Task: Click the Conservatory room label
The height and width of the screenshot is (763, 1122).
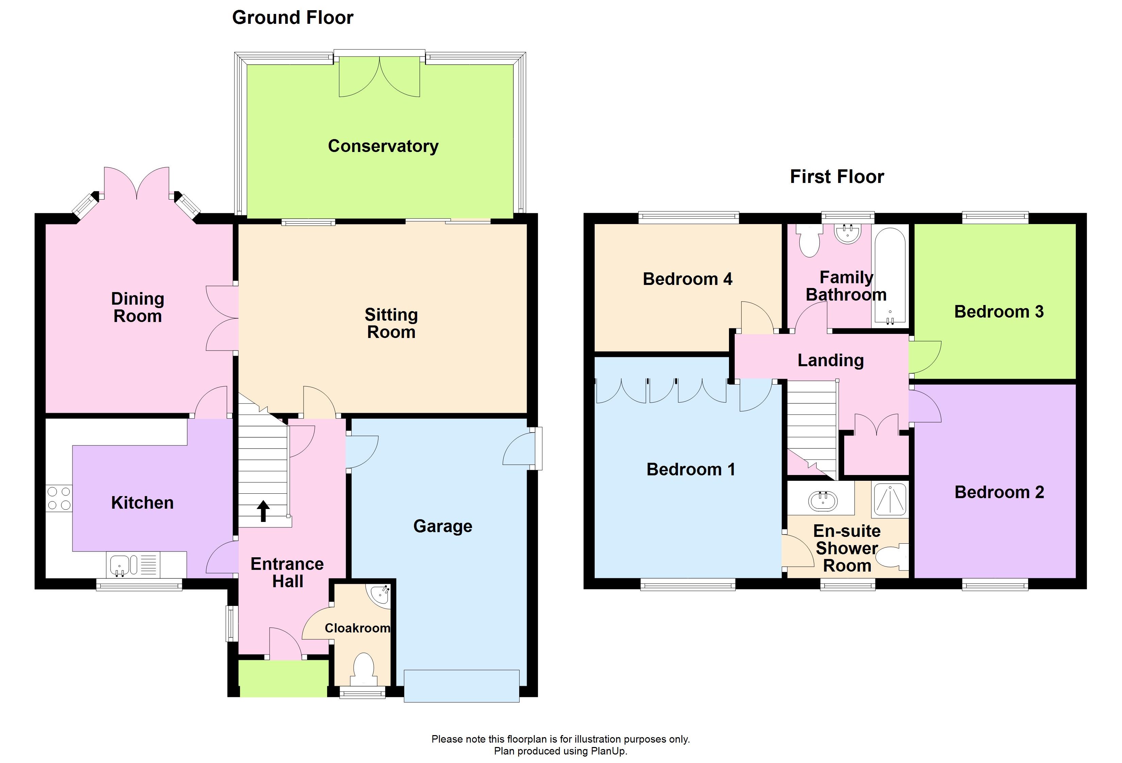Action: pos(383,146)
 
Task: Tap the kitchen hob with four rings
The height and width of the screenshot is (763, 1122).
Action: pos(59,498)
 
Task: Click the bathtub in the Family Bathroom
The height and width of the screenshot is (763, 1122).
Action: pos(890,275)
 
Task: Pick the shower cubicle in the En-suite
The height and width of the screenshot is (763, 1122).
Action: pos(890,499)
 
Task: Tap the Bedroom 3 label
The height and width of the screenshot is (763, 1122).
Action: pos(998,311)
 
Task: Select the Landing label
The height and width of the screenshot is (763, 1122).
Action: pos(830,360)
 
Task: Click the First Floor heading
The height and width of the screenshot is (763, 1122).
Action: pos(837,177)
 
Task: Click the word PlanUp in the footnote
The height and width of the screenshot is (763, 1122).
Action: pos(608,751)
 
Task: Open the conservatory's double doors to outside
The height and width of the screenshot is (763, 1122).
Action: pos(379,77)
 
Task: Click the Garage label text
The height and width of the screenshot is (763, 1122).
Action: pos(442,526)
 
